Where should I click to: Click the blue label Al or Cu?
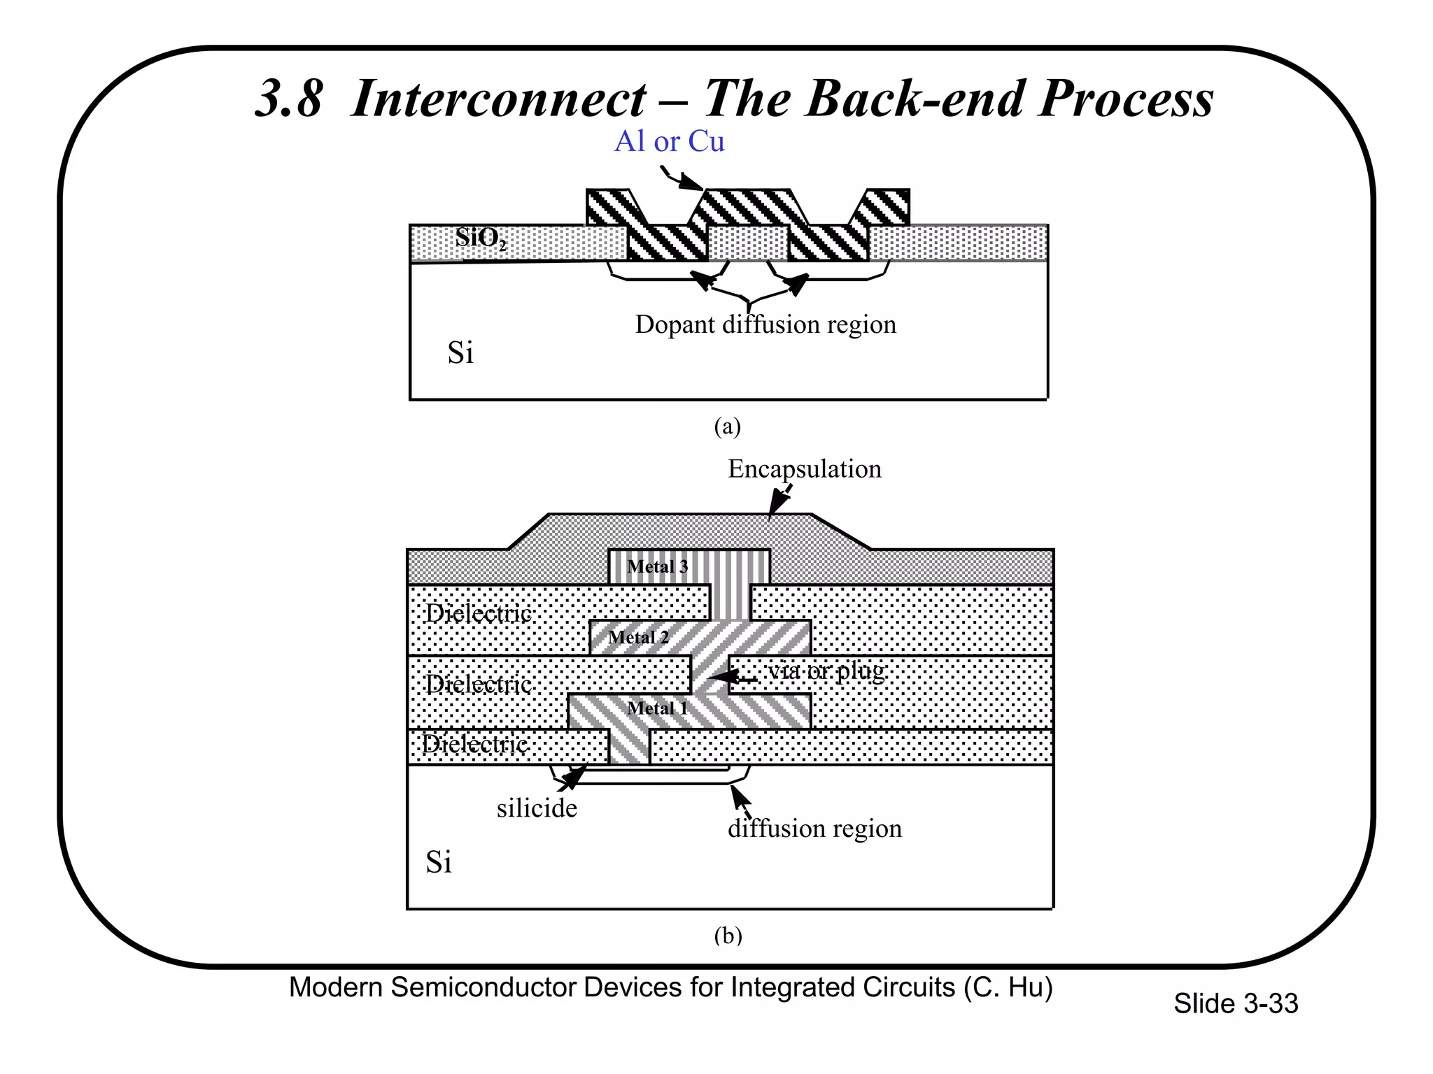tap(669, 142)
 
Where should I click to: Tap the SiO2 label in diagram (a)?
tap(480, 238)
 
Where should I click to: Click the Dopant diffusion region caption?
tap(765, 324)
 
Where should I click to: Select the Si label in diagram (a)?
tap(460, 352)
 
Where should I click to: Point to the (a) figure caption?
tap(727, 426)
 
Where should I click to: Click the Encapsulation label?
tap(804, 468)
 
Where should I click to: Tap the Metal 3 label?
tap(657, 566)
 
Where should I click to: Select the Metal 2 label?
tap(638, 637)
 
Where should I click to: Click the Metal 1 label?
tap(657, 708)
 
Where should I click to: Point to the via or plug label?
tap(826, 671)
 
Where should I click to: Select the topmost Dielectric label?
tap(479, 613)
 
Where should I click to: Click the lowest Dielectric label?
tap(475, 744)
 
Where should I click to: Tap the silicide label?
tap(537, 808)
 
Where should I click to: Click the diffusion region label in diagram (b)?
tap(814, 829)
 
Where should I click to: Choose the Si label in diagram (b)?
tap(439, 862)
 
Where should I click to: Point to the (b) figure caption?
tap(728, 935)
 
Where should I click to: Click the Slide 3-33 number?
tap(1235, 1003)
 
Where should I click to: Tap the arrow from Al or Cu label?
tap(682, 178)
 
